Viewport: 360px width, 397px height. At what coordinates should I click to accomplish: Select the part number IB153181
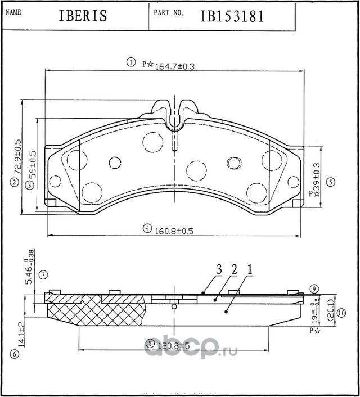[x=232, y=16]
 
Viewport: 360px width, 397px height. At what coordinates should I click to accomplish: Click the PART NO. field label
[x=166, y=11]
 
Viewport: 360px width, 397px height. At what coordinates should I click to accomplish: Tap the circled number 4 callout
[x=147, y=228]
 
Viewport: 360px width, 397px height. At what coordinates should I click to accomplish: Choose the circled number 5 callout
[x=330, y=181]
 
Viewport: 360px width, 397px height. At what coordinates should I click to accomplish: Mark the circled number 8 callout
[x=149, y=343]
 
